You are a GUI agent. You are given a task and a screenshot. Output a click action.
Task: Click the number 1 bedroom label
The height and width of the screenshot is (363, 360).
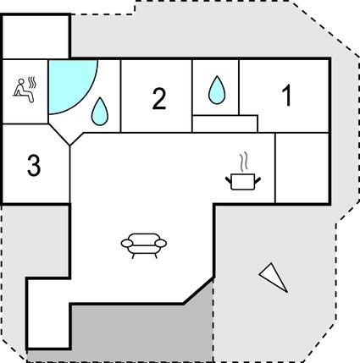(287, 96)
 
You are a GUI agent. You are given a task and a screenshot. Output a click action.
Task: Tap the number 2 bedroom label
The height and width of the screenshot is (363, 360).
(159, 99)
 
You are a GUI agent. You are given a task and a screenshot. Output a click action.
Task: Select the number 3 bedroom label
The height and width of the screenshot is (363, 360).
(34, 166)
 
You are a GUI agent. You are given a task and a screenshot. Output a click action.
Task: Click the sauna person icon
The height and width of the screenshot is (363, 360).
(23, 91)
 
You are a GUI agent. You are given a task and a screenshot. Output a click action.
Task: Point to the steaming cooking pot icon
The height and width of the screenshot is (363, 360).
(243, 181)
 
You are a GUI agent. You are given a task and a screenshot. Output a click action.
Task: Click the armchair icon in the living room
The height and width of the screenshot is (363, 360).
(144, 245)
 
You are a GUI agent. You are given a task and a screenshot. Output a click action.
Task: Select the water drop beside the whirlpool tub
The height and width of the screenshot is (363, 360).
(100, 112)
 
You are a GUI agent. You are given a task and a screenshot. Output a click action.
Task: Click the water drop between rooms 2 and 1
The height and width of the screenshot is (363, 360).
(217, 90)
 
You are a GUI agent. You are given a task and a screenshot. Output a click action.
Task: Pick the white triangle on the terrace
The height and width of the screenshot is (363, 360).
(274, 277)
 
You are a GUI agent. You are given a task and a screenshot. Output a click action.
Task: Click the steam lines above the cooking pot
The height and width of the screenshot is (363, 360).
(244, 162)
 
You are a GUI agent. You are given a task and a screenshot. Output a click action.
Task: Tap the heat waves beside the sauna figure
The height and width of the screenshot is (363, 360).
(33, 81)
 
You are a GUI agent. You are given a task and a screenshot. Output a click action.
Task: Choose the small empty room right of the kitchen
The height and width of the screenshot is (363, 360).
(302, 168)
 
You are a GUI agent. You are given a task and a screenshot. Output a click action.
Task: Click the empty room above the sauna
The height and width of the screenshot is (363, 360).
(36, 37)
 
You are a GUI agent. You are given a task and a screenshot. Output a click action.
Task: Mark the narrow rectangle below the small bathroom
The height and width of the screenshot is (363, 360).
(225, 124)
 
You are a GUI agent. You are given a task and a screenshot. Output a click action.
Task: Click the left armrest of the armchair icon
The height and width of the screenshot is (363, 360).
(127, 243)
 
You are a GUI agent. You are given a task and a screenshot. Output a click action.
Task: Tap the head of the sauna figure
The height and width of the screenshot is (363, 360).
(20, 81)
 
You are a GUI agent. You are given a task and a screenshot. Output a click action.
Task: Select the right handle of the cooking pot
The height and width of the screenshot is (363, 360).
(258, 179)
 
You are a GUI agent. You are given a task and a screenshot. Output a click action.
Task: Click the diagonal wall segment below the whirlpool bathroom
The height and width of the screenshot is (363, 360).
(59, 135)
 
